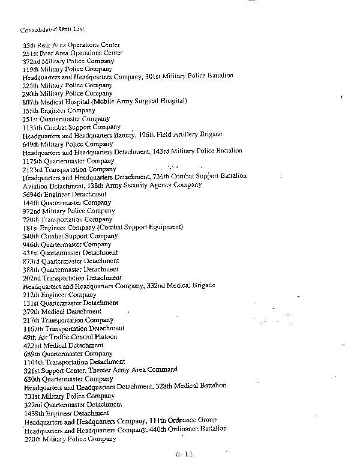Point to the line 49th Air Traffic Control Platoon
70,337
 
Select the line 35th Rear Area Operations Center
71,45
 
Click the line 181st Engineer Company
103,228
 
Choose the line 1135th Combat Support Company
71,127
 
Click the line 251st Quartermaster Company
66,119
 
